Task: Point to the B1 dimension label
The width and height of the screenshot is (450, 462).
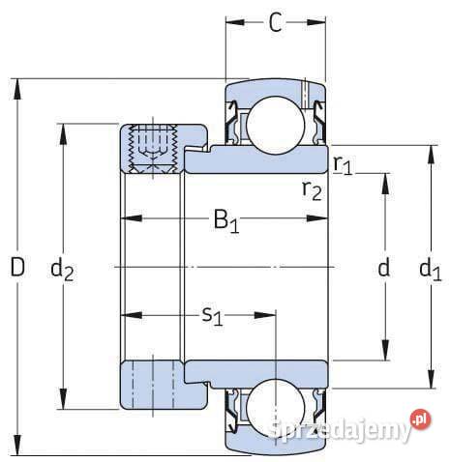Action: point(226,222)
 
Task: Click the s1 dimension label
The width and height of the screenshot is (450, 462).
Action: point(212,316)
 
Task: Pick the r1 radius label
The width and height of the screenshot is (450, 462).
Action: point(343,164)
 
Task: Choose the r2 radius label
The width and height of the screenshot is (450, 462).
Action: point(312,188)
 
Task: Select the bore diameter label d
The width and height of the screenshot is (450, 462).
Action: point(384,269)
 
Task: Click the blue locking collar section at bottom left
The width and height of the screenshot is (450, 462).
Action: point(150,384)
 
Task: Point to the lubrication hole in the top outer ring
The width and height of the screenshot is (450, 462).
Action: point(304,95)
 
